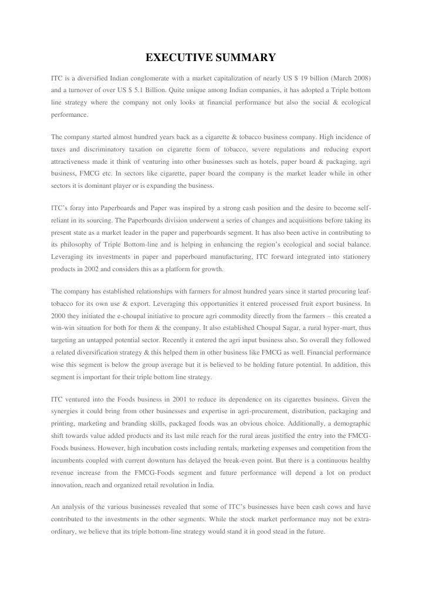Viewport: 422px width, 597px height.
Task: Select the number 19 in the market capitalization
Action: [x=306, y=78]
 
